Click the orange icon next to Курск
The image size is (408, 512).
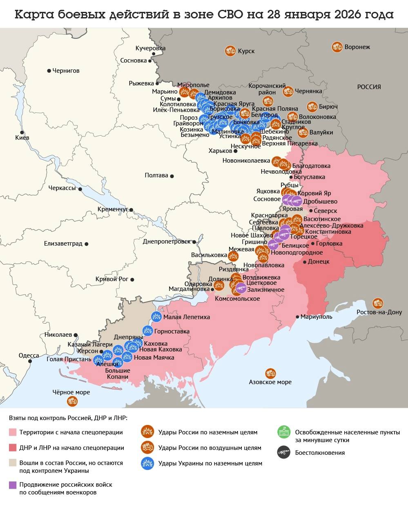(230, 51)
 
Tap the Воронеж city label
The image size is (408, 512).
(357, 47)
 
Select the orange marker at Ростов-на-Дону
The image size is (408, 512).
(378, 303)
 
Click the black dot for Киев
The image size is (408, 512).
(22, 132)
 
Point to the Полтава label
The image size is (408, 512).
(156, 175)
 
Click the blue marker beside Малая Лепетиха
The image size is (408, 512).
(156, 316)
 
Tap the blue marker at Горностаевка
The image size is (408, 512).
(147, 331)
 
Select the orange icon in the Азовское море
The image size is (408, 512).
(270, 373)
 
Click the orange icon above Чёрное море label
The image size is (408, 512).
(72, 401)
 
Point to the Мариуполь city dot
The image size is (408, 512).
(297, 317)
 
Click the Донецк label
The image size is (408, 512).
(319, 262)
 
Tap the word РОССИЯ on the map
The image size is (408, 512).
(369, 87)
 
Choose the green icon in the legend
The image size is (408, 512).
(283, 432)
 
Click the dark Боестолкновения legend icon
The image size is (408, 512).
(283, 452)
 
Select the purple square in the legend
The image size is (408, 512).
(13, 485)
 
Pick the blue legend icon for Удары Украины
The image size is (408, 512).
(147, 463)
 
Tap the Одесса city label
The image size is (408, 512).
(29, 355)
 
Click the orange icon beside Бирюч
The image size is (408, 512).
(312, 107)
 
